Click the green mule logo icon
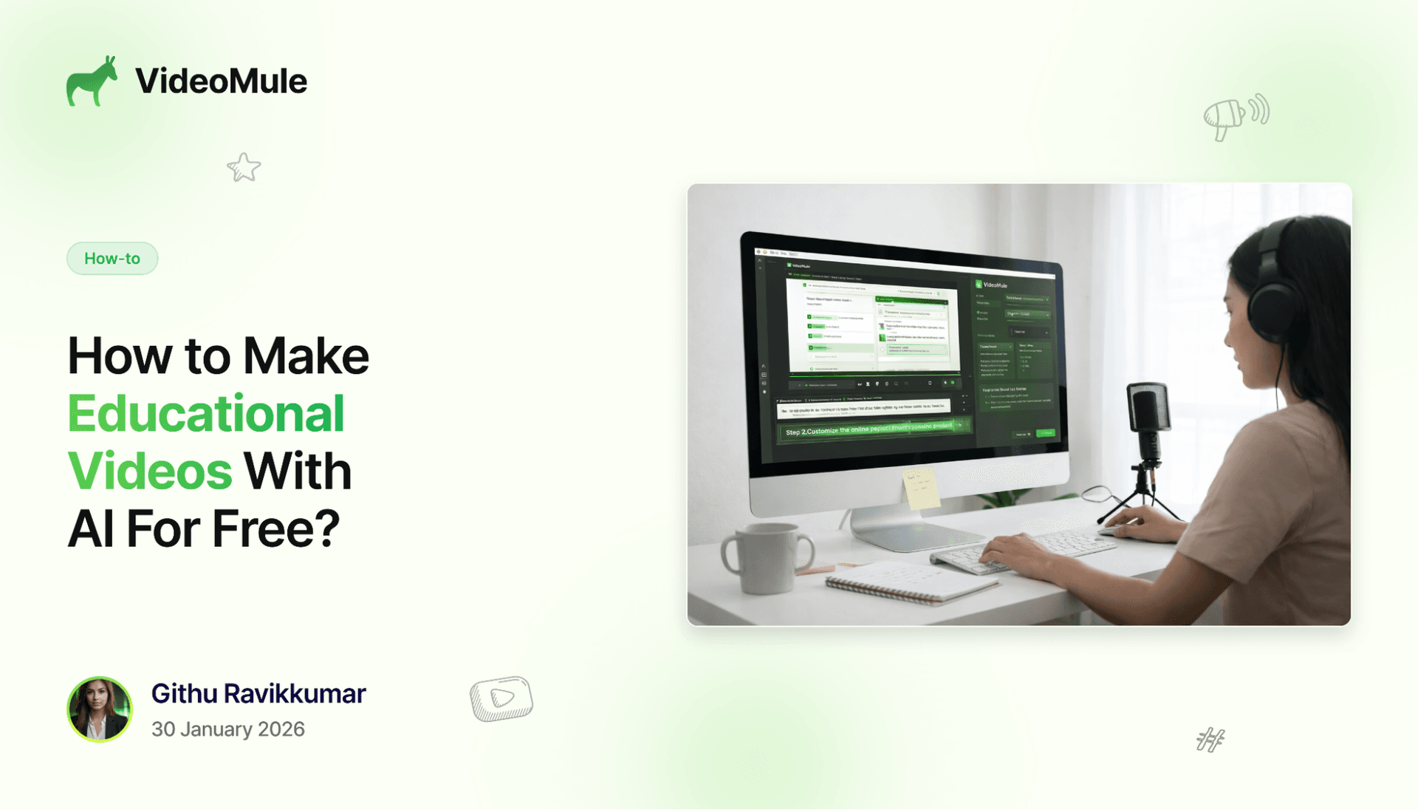[x=92, y=81]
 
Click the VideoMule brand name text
[x=221, y=81]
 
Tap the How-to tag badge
[x=112, y=259]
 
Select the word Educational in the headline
[x=206, y=414]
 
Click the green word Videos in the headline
[x=150, y=472]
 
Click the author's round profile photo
[x=100, y=709]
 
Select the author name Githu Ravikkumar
[x=258, y=694]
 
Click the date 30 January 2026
[x=228, y=729]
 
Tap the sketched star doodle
[x=244, y=168]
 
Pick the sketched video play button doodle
[x=501, y=698]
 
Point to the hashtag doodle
[x=1210, y=740]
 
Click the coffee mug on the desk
[x=764, y=558]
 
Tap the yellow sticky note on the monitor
[x=920, y=489]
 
